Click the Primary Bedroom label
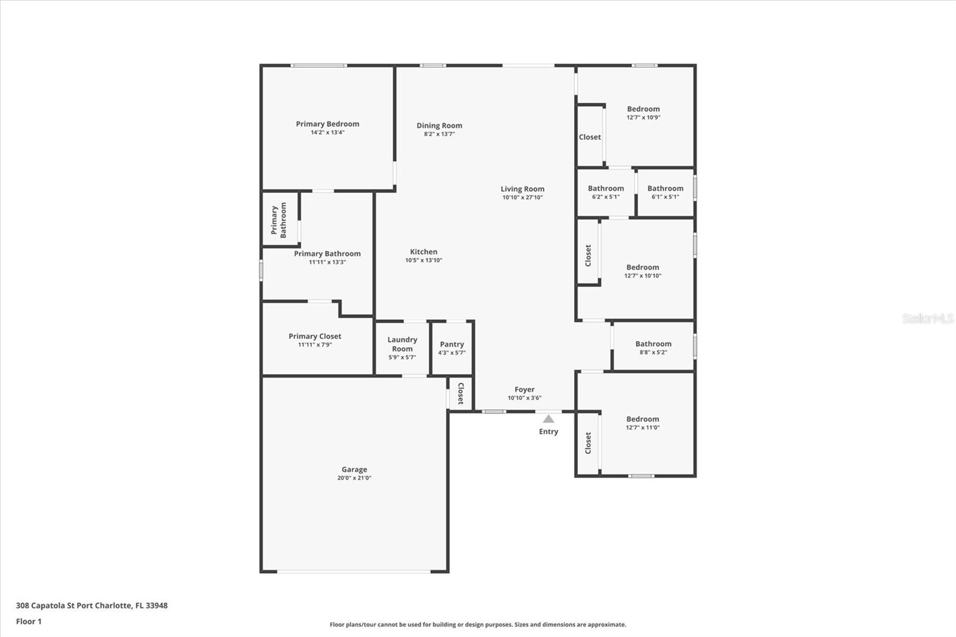pyautogui.click(x=327, y=124)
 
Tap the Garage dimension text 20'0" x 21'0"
pyautogui.click(x=354, y=478)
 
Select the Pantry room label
pyautogui.click(x=452, y=344)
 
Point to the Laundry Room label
pyautogui.click(x=402, y=344)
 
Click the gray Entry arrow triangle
pyautogui.click(x=549, y=419)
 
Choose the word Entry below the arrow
pyautogui.click(x=549, y=431)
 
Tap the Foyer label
pyautogui.click(x=525, y=390)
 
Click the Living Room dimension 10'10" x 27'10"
pyautogui.click(x=522, y=197)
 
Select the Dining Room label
pyautogui.click(x=439, y=125)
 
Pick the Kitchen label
pyautogui.click(x=424, y=252)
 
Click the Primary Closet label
pyautogui.click(x=315, y=336)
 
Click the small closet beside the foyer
pyautogui.click(x=461, y=394)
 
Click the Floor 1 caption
pyautogui.click(x=29, y=621)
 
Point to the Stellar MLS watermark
pyautogui.click(x=928, y=318)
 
